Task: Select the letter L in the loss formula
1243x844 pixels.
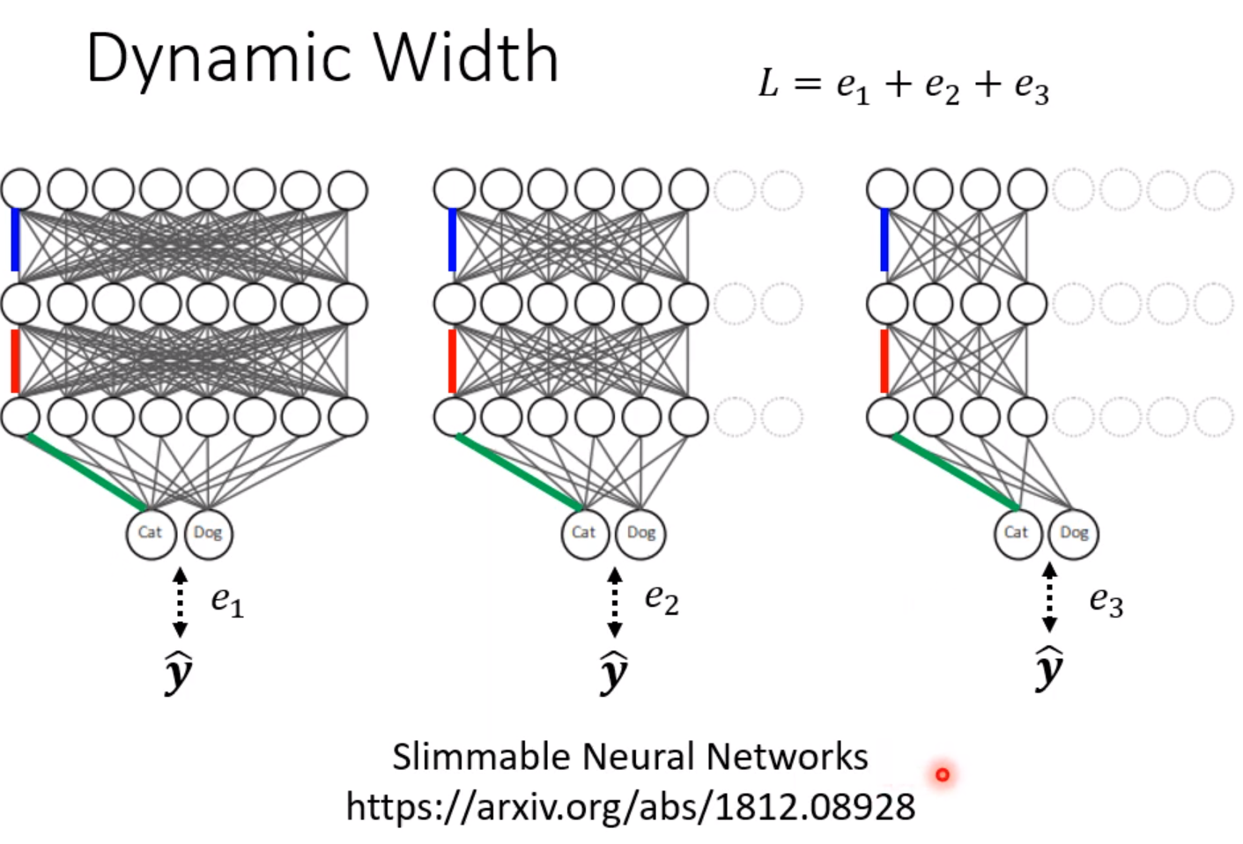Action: pyautogui.click(x=769, y=84)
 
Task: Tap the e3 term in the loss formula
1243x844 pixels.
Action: pyautogui.click(x=1032, y=87)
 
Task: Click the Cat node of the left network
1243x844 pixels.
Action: pyautogui.click(x=151, y=533)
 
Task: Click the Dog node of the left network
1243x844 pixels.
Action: pyautogui.click(x=208, y=533)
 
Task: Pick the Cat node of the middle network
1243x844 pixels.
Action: pyautogui.click(x=584, y=533)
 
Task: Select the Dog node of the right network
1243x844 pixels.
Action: pyautogui.click(x=1074, y=533)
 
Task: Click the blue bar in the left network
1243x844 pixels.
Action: pyautogui.click(x=15, y=240)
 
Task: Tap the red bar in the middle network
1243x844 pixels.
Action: pyautogui.click(x=452, y=360)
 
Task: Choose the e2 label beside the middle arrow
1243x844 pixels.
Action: pyautogui.click(x=662, y=599)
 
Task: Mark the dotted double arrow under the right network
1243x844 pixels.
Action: pyautogui.click(x=1049, y=597)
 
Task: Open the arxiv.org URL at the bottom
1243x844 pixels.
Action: pyautogui.click(x=630, y=806)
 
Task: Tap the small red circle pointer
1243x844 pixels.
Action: pyautogui.click(x=943, y=774)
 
